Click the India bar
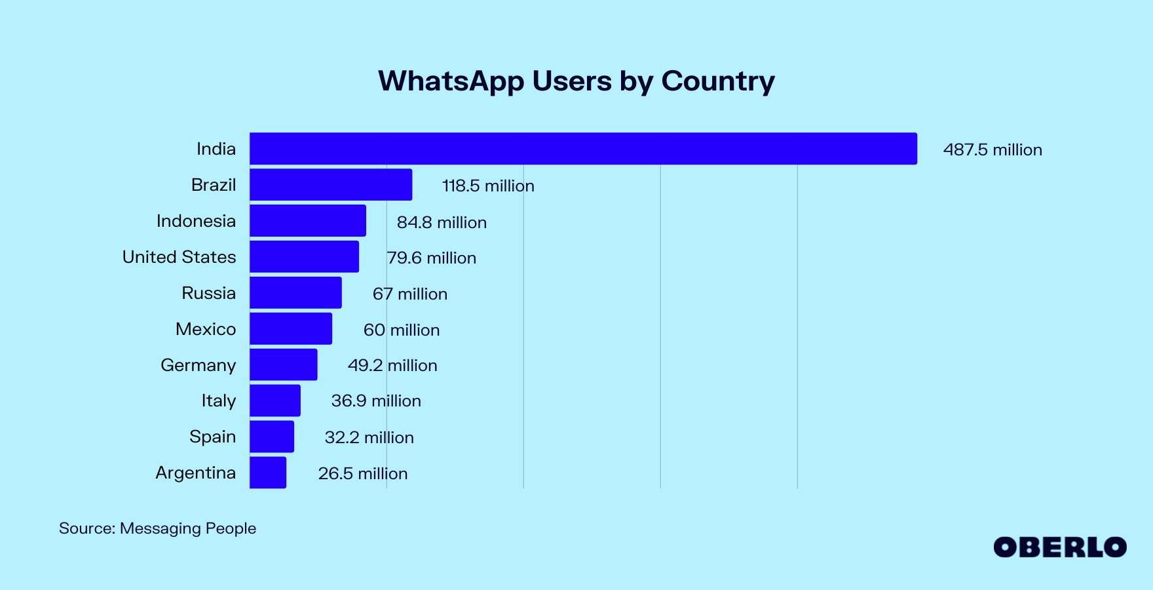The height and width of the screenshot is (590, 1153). [x=583, y=149]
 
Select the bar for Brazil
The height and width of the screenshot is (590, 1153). [x=331, y=185]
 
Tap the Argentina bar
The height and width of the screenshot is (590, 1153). [x=268, y=473]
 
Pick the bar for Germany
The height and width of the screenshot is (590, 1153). [x=283, y=364]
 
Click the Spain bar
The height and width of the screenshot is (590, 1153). [x=272, y=437]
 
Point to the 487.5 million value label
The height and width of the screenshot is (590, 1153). [x=992, y=150]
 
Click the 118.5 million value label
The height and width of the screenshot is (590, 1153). [x=488, y=186]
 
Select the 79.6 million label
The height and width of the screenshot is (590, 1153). [x=431, y=258]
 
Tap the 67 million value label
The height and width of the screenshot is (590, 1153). [x=410, y=294]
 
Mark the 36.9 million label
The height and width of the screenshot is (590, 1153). [x=376, y=401]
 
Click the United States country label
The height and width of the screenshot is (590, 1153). [x=179, y=257]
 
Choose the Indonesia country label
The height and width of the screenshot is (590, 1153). [x=196, y=221]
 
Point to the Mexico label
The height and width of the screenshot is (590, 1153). [x=205, y=329]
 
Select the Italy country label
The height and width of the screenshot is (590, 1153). [x=218, y=401]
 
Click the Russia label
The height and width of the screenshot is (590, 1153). [x=208, y=293]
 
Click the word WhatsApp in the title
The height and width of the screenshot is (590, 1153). [x=451, y=81]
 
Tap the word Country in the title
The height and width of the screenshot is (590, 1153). [x=717, y=81]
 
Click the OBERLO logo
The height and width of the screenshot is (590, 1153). [x=1059, y=547]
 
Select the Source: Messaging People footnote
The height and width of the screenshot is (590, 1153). [x=157, y=528]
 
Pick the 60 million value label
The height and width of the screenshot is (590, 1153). [x=402, y=330]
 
